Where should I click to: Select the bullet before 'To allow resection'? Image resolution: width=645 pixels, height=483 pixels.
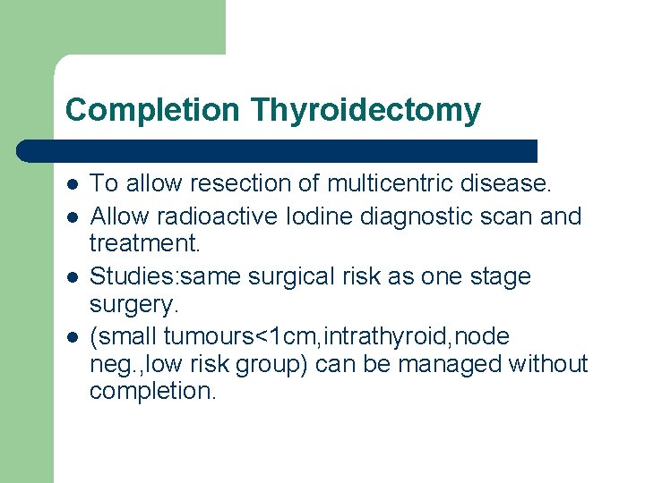tap(72, 184)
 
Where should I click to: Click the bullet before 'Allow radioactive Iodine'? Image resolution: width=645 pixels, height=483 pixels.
tap(72, 216)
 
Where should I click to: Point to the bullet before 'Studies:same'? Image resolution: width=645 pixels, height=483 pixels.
tap(72, 277)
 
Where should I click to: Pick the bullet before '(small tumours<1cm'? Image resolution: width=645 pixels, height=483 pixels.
tap(72, 337)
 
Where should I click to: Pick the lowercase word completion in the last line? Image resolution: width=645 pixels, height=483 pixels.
tap(152, 392)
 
